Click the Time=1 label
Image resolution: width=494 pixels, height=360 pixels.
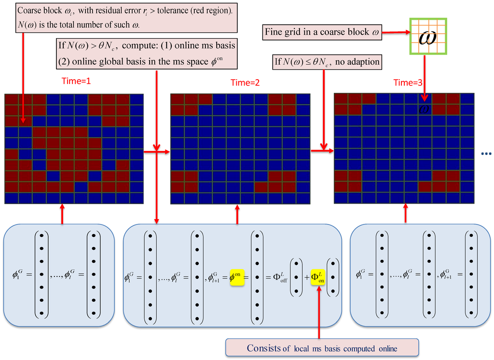pyautogui.click(x=76, y=81)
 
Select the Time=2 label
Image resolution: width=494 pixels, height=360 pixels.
pyautogui.click(x=245, y=83)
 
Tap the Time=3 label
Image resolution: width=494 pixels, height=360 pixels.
pyautogui.click(x=408, y=83)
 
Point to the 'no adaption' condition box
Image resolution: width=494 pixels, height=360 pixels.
pyautogui.click(x=327, y=61)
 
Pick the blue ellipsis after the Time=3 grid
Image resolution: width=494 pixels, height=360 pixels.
pyautogui.click(x=486, y=154)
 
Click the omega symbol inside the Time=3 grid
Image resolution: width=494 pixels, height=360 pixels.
pyautogui.click(x=424, y=108)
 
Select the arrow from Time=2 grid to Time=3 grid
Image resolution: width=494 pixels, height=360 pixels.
pyautogui.click(x=322, y=152)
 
